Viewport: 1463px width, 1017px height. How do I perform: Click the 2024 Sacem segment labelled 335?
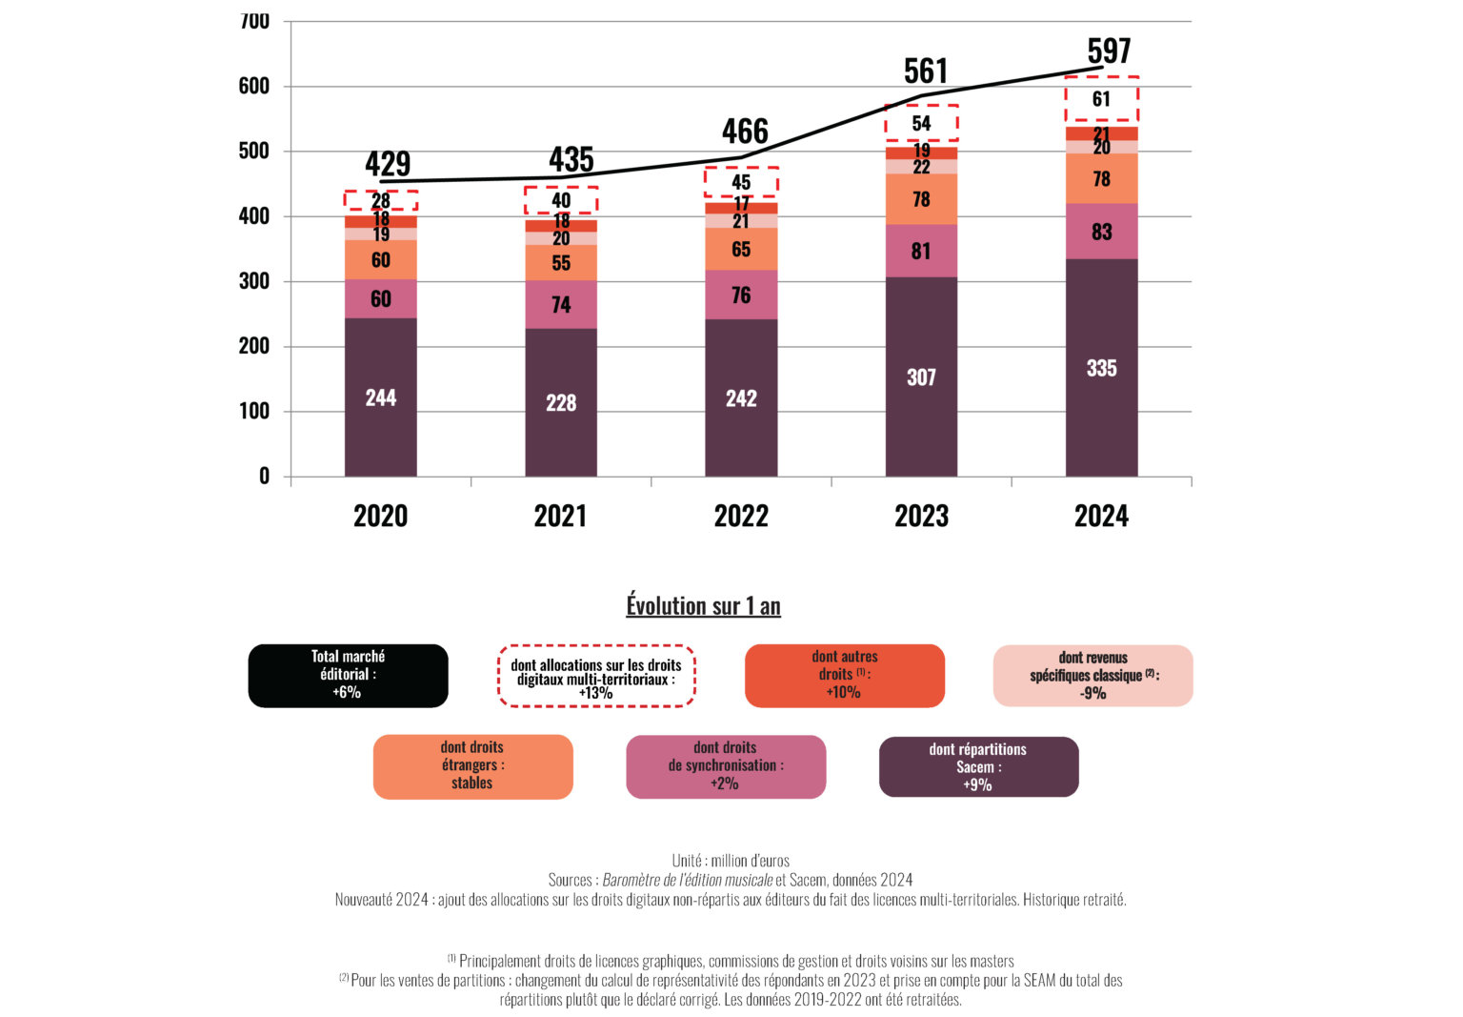(x=1101, y=368)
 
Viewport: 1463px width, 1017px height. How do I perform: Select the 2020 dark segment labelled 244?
(x=380, y=397)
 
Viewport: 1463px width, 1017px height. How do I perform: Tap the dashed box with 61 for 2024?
(x=1101, y=99)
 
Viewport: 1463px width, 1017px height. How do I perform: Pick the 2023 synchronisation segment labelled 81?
(x=921, y=251)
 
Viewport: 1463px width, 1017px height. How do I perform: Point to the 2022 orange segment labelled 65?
(x=741, y=249)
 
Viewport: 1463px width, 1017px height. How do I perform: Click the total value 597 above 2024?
(x=1109, y=51)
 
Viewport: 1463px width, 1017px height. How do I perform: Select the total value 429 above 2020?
(x=388, y=164)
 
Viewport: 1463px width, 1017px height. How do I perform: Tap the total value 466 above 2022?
(x=745, y=132)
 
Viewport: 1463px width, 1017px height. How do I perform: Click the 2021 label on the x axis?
(x=560, y=516)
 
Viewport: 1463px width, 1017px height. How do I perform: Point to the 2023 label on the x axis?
(x=921, y=516)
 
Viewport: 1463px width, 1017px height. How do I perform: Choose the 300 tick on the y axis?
(x=254, y=281)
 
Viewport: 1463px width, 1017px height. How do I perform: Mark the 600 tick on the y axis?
(x=254, y=86)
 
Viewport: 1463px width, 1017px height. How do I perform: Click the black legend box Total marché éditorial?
(x=348, y=675)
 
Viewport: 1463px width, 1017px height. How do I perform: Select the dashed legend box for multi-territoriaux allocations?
(x=596, y=676)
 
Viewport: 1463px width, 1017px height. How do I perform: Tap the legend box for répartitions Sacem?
(x=978, y=766)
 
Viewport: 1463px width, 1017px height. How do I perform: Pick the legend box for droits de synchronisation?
(x=725, y=766)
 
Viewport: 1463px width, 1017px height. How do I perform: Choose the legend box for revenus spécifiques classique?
(x=1092, y=676)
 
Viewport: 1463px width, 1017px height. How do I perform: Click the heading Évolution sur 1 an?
(x=703, y=605)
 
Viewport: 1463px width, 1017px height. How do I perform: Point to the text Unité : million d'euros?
(x=731, y=861)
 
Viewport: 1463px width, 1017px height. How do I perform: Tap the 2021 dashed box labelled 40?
(x=561, y=200)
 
